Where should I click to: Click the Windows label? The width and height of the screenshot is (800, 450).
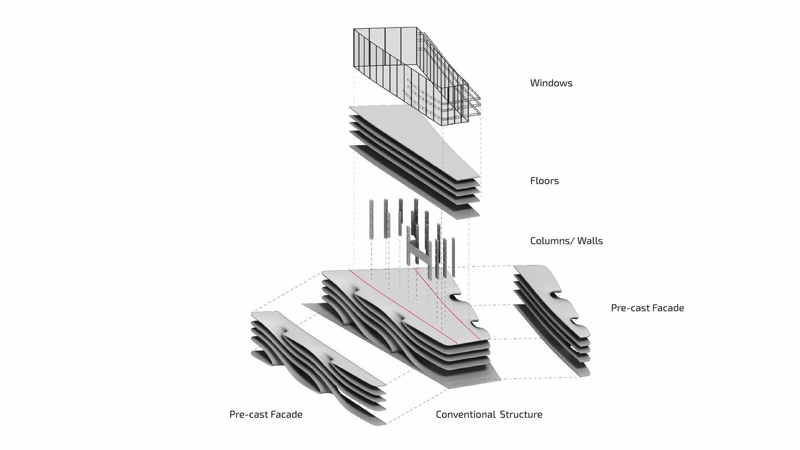(551, 83)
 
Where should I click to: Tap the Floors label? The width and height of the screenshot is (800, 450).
(544, 181)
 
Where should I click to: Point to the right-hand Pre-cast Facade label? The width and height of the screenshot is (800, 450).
(647, 308)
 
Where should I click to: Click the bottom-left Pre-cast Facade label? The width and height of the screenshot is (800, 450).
(266, 415)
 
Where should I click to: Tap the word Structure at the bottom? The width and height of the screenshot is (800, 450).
(521, 415)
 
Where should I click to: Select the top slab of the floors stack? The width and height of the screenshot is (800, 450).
(415, 142)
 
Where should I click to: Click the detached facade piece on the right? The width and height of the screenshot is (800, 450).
(552, 321)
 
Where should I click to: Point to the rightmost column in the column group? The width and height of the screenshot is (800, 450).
(453, 257)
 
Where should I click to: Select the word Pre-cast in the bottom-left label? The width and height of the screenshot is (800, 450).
(247, 415)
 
